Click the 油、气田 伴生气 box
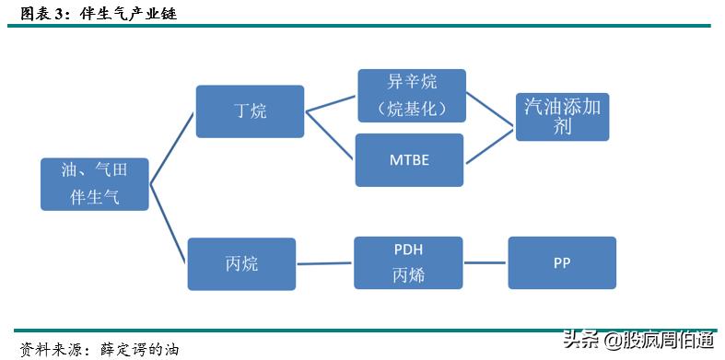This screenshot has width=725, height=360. point(95,184)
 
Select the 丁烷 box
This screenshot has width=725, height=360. point(250,111)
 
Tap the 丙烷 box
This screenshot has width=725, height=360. point(241,264)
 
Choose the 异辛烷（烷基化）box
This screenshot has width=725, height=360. point(412,95)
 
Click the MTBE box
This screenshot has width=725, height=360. point(409,159)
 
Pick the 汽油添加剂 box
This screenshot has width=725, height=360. point(562,115)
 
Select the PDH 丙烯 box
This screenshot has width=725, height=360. point(408,263)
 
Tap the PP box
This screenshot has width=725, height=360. point(562,262)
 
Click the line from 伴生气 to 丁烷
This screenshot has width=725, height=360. point(172,148)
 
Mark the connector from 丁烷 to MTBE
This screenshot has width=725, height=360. point(331,134)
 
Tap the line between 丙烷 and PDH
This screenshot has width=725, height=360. point(325,264)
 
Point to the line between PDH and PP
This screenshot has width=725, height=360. point(485,263)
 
